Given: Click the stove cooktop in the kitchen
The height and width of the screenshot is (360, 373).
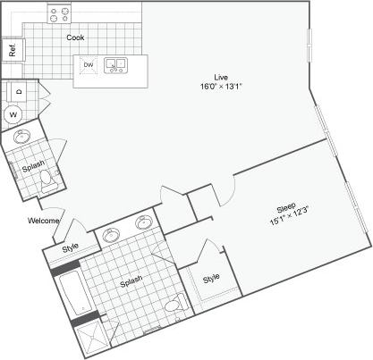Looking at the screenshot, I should pos(60,14).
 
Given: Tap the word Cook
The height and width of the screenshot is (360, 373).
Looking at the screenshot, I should pos(76,38).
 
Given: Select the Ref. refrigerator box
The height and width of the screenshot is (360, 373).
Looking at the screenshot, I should pos(13,50).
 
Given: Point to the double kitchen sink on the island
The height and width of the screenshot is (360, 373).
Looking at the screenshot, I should pos(115,65).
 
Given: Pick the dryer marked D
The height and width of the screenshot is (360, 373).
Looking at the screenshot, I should pos(17,91).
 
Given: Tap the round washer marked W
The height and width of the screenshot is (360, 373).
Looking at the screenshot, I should pos(13,113).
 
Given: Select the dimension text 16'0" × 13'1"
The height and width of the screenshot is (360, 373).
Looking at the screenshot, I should pos(218,87).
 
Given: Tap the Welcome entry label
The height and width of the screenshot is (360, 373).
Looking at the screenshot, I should pos(44,221).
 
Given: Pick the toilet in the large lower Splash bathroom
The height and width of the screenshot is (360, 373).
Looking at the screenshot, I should pos(179,308).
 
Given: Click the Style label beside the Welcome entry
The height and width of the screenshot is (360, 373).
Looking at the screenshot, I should pos(70,247).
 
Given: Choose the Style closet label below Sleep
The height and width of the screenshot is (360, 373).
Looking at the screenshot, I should pos(210,278).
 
